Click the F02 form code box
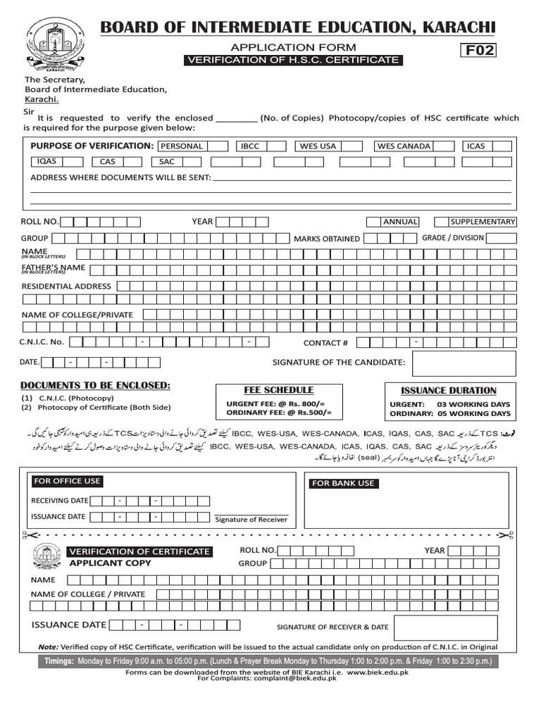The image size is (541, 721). click(478, 49)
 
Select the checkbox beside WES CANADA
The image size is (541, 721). click(444, 146)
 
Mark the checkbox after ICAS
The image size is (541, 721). click(502, 146)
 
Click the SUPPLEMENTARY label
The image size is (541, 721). click(483, 221)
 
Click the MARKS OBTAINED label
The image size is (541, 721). click(326, 239)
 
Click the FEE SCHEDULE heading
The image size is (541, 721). click(279, 390)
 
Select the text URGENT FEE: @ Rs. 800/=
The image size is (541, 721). click(279, 403)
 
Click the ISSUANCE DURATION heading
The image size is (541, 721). click(448, 390)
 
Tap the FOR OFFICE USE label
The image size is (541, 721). click(67, 482)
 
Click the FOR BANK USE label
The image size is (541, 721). click(343, 484)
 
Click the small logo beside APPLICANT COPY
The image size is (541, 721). click(46, 557)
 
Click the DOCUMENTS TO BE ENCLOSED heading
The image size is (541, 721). click(95, 385)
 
